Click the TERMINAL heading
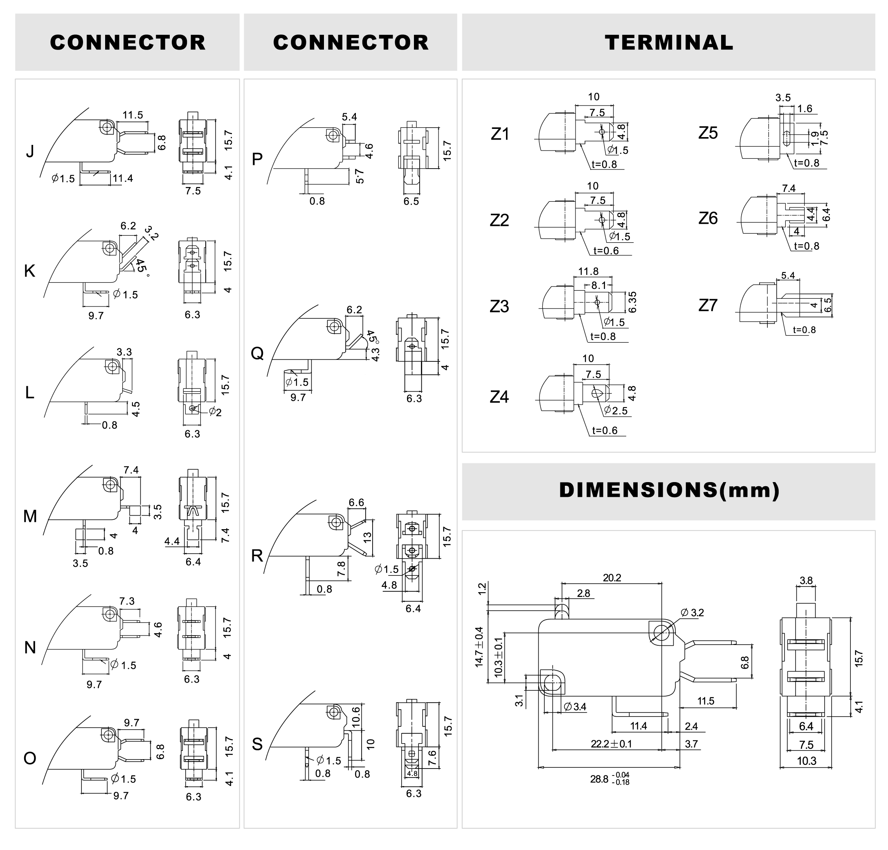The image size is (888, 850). point(668,43)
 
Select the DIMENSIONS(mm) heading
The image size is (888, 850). point(669,490)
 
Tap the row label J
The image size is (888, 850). point(30,151)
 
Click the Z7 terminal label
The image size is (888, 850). point(708,305)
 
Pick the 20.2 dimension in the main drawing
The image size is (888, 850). point(612,578)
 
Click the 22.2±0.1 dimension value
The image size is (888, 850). point(611,744)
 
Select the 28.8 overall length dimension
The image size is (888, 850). point(609,779)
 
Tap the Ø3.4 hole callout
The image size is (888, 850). point(575,706)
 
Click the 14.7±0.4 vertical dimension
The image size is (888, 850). point(479,647)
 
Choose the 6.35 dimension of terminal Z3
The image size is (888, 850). point(633,302)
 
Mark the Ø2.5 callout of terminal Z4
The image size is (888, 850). point(616,410)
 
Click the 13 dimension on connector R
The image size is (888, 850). point(367,537)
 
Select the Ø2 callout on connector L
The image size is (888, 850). point(216,412)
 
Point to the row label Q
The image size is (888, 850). point(257,353)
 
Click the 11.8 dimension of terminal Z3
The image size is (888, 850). point(588,271)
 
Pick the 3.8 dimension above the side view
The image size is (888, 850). point(806,580)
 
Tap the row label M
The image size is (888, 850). point(30,516)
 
